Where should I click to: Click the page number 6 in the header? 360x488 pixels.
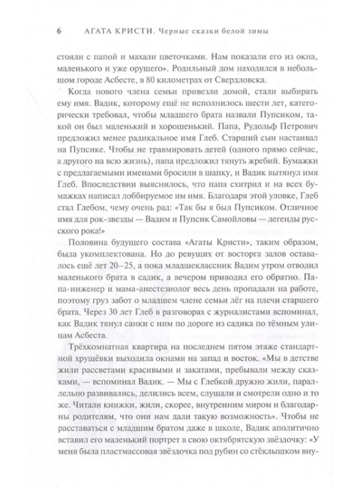coord(47,30)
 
